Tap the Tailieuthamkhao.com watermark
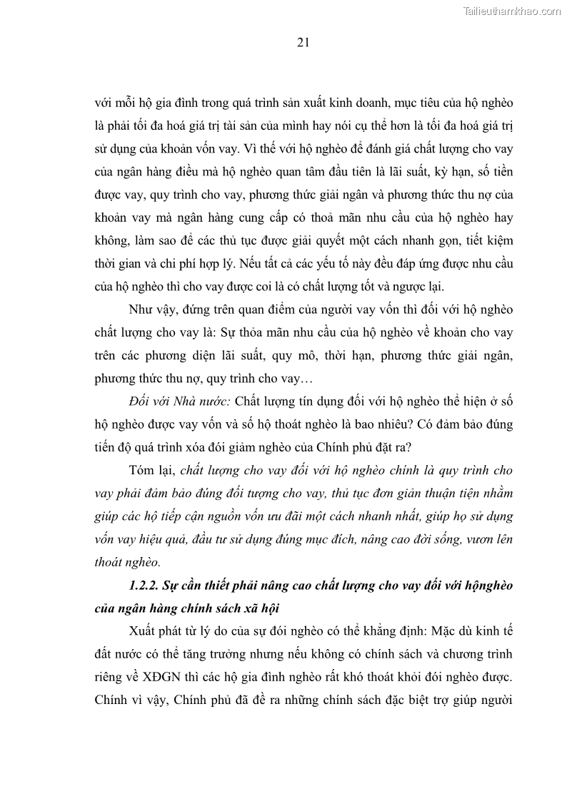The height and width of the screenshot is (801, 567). point(513,11)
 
